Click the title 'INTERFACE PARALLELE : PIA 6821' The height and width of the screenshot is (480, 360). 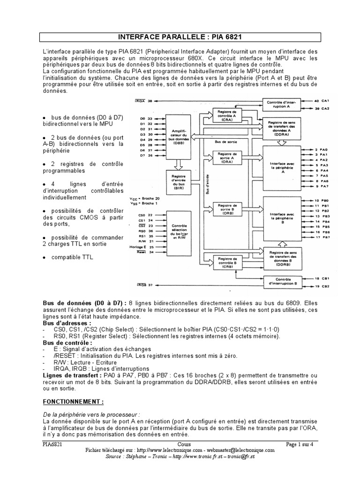coord(180,37)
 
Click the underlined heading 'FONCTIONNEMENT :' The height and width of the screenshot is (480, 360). coord(73,402)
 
